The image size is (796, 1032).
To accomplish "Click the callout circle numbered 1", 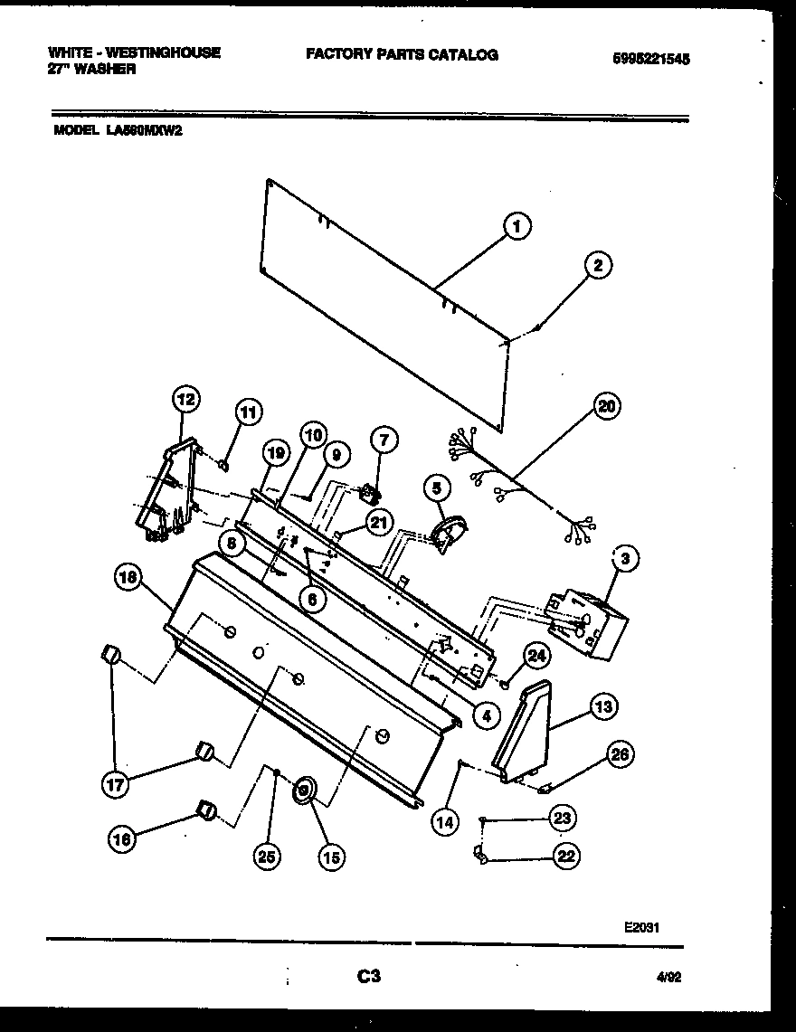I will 516,227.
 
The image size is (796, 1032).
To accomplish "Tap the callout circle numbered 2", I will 597,265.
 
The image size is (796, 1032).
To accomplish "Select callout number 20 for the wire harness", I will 606,406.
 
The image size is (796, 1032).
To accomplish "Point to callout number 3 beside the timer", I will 623,559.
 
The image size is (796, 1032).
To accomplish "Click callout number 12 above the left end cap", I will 186,398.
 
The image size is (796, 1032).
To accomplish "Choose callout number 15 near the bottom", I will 331,857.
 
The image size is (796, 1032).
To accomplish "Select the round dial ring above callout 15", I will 303,790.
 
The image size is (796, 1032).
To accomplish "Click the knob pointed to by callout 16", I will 207,810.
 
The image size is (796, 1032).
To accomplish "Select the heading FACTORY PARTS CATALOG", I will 402,54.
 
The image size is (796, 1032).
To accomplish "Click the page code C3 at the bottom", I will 368,976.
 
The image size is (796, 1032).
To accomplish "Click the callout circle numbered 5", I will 437,488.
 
